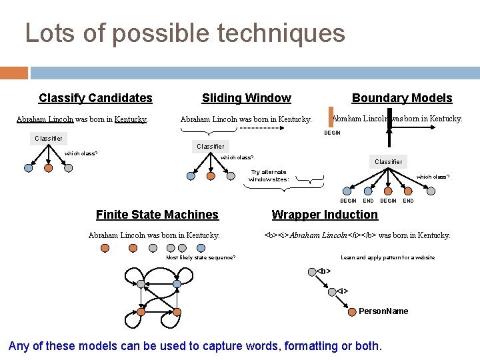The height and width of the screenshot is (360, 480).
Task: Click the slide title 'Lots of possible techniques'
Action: tap(185, 33)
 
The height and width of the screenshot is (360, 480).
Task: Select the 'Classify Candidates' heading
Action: tap(95, 98)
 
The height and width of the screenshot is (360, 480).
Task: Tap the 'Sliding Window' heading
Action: tap(246, 98)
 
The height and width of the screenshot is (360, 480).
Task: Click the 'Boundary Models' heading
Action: tap(401, 98)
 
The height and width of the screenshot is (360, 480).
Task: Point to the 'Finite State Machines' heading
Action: tap(157, 214)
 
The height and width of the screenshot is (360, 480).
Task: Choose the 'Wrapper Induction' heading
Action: tap(325, 214)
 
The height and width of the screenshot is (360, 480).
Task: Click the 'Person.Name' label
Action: tap(383, 311)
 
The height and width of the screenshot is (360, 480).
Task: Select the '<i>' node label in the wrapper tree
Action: tap(342, 291)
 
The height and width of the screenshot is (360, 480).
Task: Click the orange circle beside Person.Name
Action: tap(352, 311)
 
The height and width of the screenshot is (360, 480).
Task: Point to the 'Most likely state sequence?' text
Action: tap(200, 257)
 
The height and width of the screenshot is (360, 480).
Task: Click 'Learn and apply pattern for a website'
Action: tap(387, 257)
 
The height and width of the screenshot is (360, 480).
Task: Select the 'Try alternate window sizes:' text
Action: tap(269, 175)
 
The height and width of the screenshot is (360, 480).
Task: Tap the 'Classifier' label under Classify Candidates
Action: tap(49, 139)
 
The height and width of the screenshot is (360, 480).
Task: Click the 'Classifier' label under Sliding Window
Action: tap(211, 146)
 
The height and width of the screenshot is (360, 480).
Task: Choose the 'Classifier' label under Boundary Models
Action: tap(388, 162)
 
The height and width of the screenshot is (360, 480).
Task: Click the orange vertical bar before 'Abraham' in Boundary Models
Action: tap(331, 117)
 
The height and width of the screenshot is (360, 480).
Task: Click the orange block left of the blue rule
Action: tap(14, 73)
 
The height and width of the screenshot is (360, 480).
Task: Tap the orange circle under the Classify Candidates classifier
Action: tap(48, 169)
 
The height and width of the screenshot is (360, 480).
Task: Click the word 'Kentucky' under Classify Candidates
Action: tap(131, 120)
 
